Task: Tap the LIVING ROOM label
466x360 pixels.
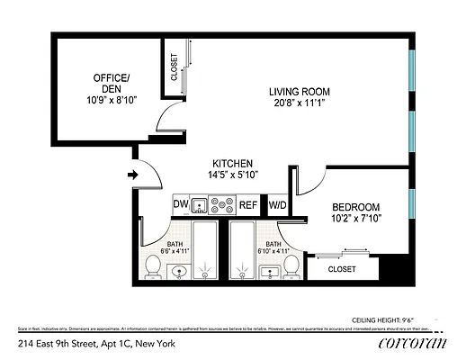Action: coord(300,91)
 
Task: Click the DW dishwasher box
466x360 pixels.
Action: coord(181,205)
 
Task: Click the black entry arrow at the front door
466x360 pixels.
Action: coord(133,175)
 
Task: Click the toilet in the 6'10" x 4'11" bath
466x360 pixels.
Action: coord(292,265)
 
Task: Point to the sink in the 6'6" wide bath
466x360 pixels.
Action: coord(178,273)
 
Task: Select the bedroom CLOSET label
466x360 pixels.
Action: coord(342,268)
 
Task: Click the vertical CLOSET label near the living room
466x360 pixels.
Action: coord(173,67)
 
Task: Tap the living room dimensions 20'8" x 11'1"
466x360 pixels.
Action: coord(300,103)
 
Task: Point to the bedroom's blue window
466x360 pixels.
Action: coord(412,211)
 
